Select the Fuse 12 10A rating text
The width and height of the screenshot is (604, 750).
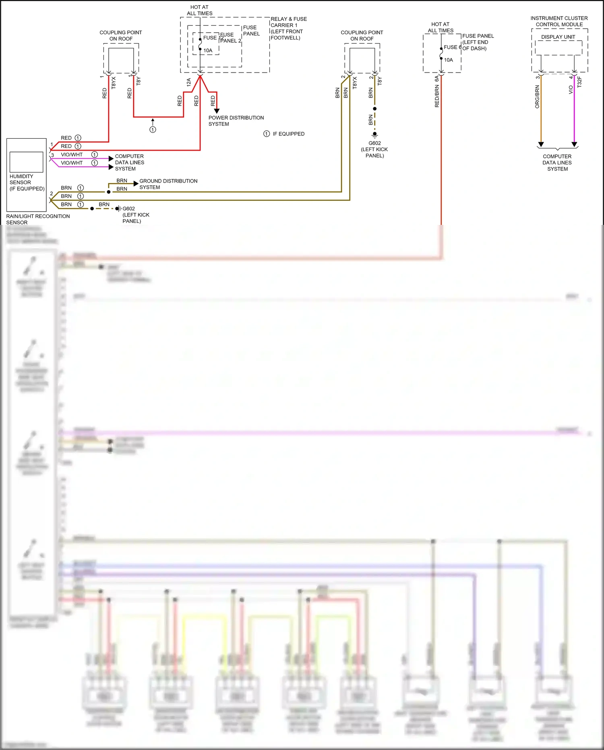(208, 50)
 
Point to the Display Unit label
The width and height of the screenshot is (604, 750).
(558, 37)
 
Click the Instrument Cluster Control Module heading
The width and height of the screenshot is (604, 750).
(559, 21)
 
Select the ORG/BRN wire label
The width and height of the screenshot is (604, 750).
(537, 96)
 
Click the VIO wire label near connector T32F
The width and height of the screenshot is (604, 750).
(571, 89)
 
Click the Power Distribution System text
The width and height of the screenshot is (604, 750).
(236, 121)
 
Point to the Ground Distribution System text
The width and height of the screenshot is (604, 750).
(168, 184)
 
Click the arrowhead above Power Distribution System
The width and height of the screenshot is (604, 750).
(217, 111)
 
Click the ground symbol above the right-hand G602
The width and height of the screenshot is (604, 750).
(374, 135)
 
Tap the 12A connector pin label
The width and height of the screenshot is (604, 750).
(188, 82)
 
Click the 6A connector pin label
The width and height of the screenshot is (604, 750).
(437, 78)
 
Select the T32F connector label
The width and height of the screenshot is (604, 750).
(579, 82)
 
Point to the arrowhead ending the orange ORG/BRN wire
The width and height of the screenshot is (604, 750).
(541, 144)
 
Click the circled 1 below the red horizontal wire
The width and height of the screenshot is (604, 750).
(153, 129)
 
